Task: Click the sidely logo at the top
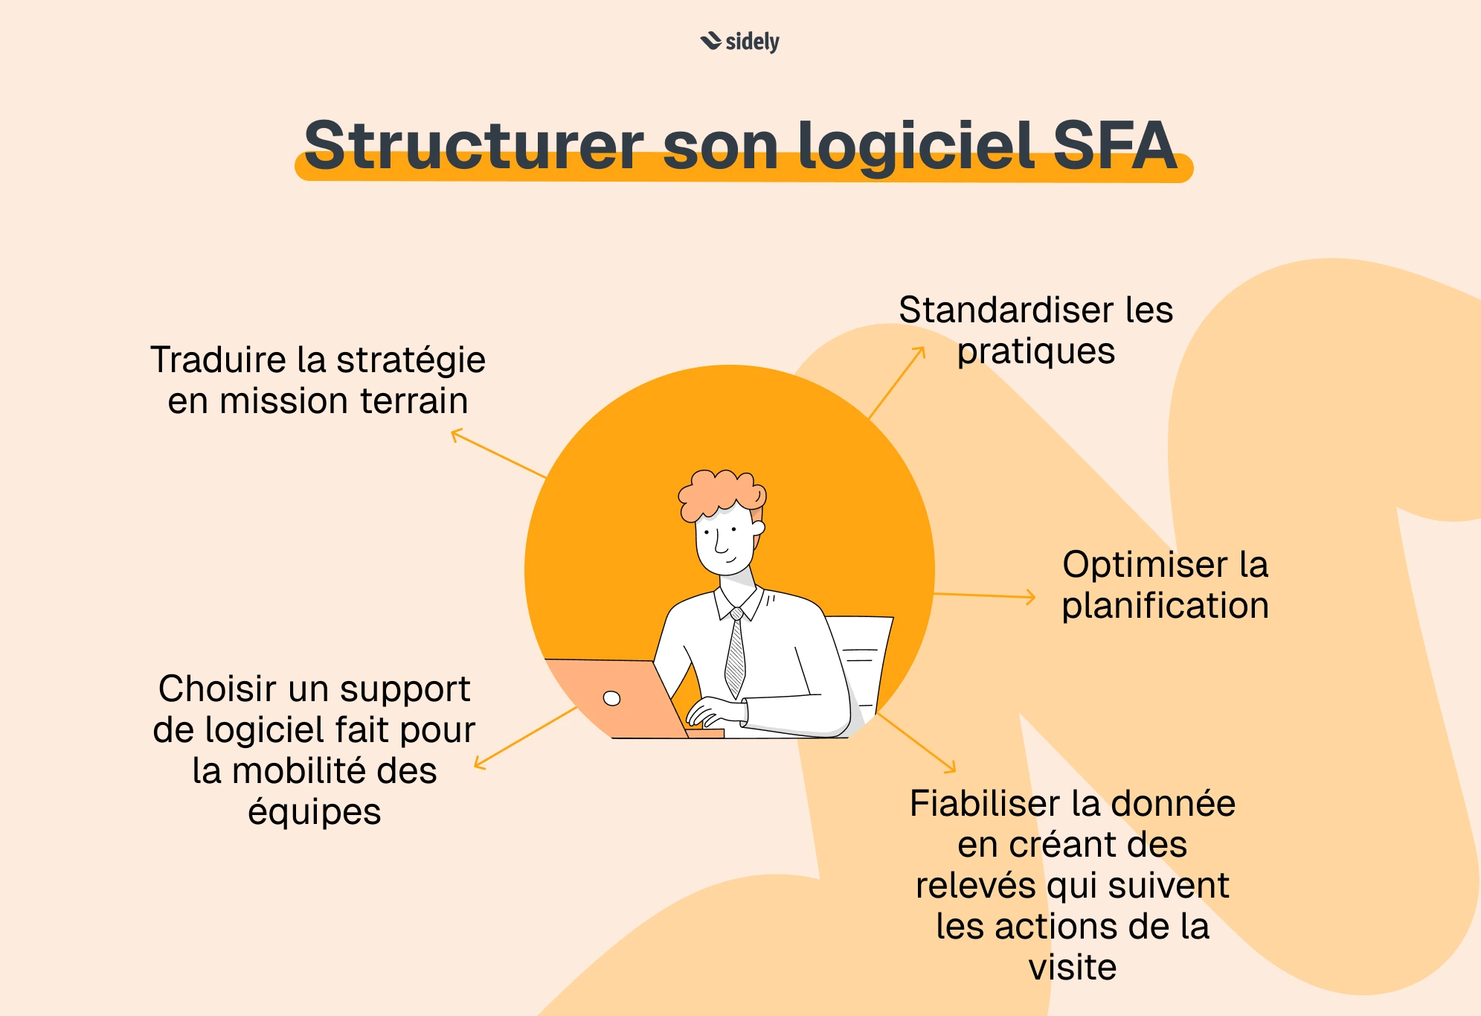coord(740,42)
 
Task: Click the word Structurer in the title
coord(474,146)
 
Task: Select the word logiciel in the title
coord(916,146)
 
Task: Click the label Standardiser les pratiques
coord(1035,330)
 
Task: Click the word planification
coord(1165,605)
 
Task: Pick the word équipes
coord(314,811)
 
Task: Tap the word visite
coord(1072,968)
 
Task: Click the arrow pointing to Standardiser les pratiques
coord(897,383)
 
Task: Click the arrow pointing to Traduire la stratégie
coord(498,453)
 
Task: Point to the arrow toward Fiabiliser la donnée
coord(917,742)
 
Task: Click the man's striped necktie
coord(735,655)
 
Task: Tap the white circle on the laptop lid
coord(611,698)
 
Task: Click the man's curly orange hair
coord(720,491)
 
